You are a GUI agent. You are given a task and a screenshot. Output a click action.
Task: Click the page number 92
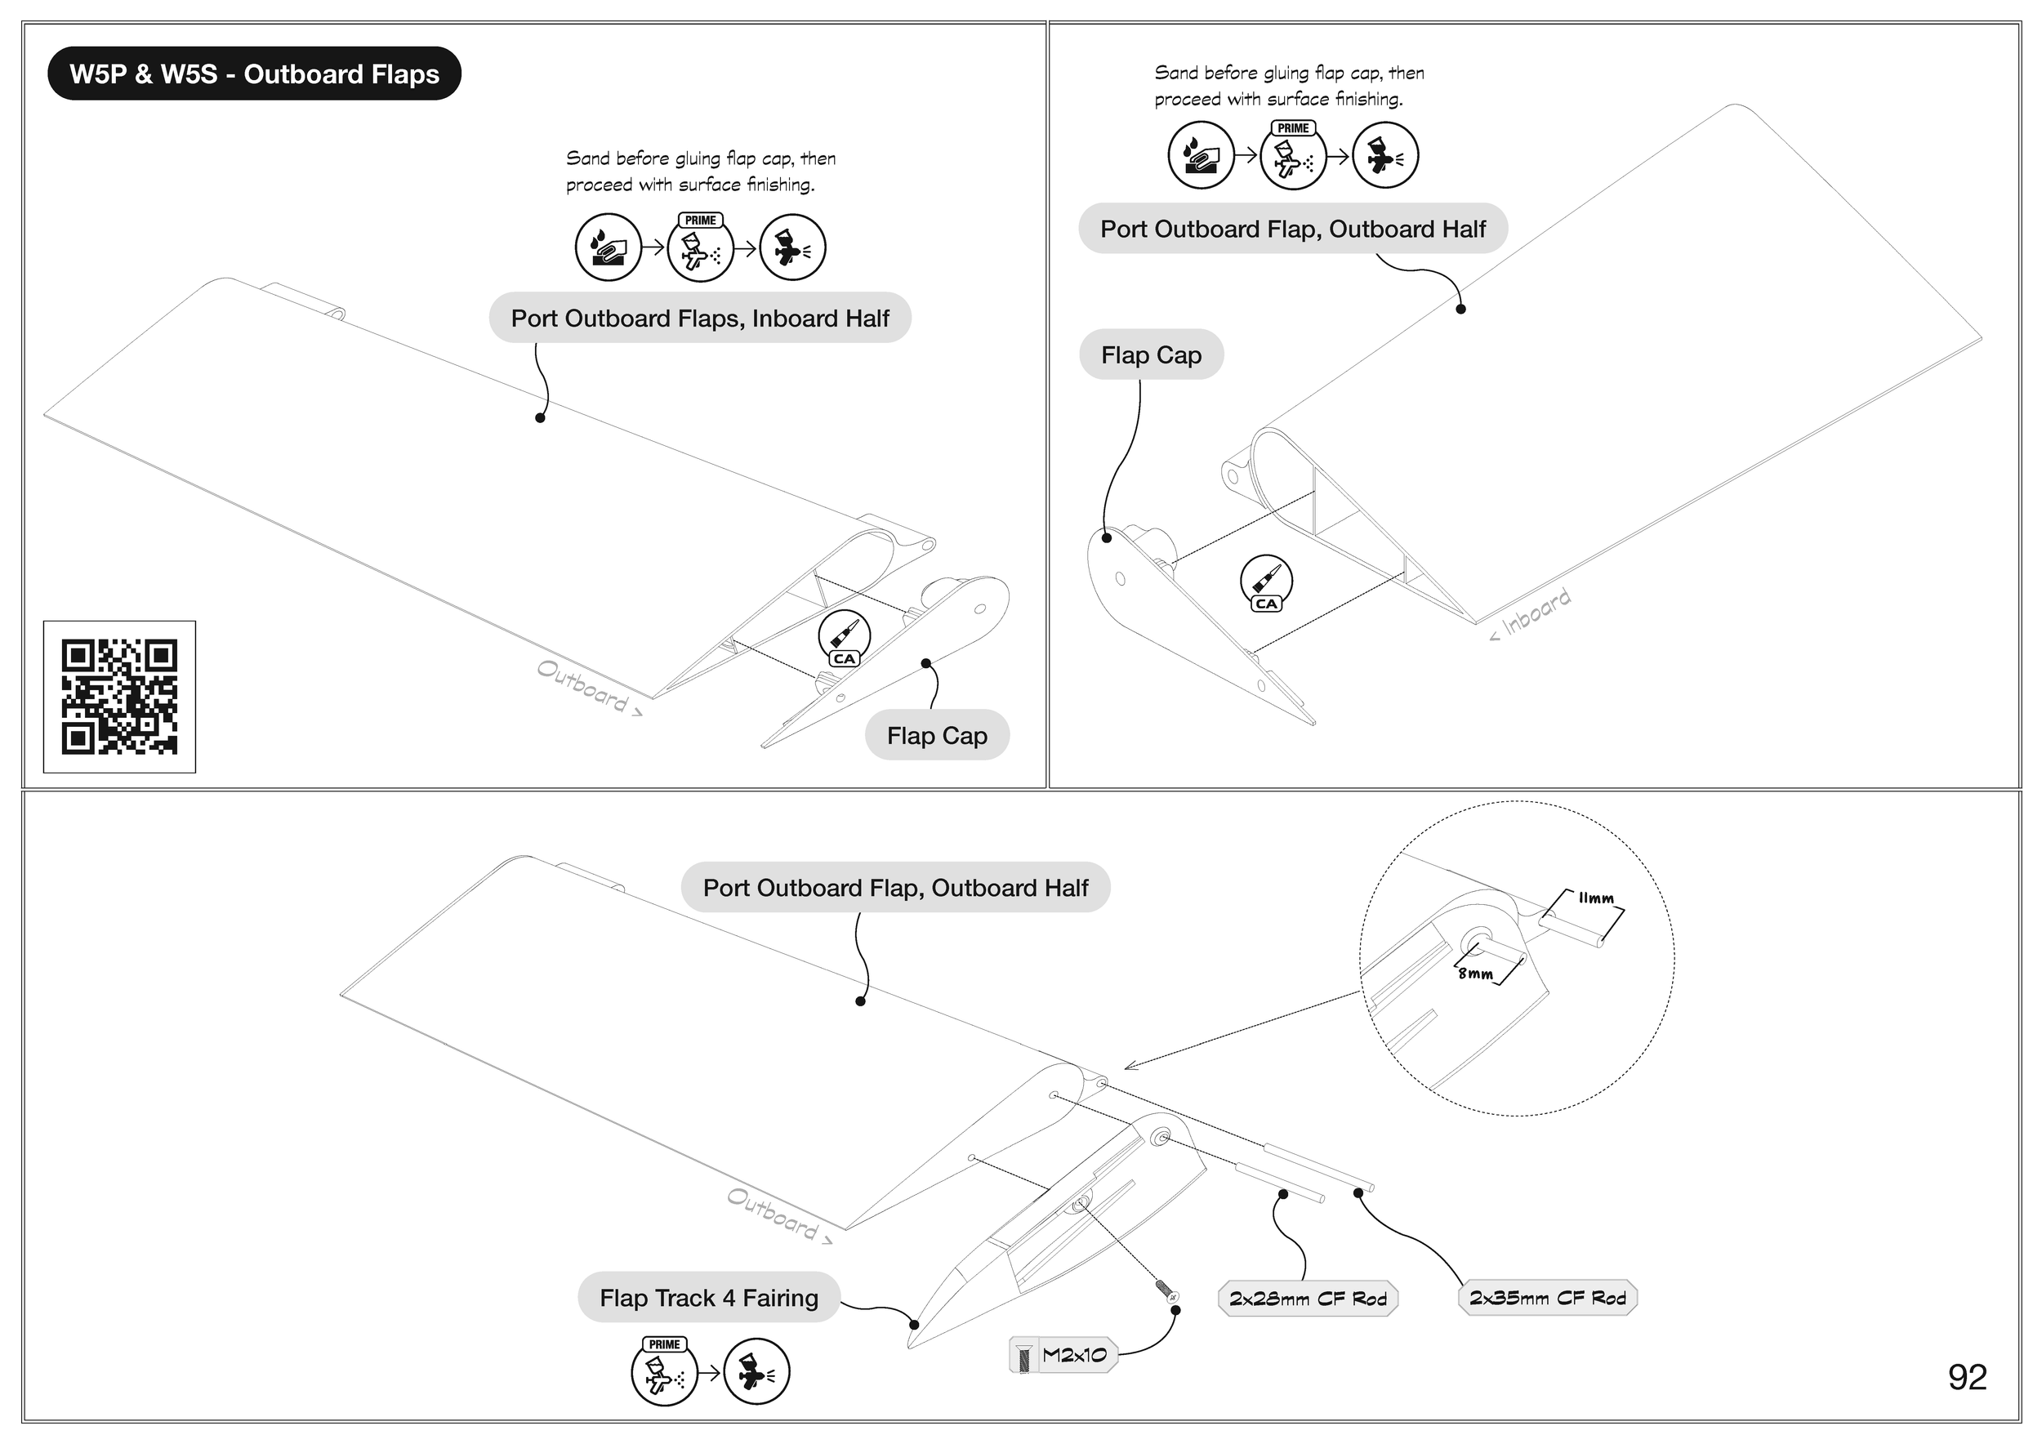(1968, 1377)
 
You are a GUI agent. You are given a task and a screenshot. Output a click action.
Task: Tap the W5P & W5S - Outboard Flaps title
(254, 74)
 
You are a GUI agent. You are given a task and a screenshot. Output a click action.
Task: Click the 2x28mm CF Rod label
(1308, 1299)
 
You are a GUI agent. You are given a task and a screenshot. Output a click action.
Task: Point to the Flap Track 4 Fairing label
(709, 1297)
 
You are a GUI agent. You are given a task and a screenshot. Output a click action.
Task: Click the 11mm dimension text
(1595, 898)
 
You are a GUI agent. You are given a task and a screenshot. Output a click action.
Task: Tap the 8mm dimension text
(1474, 974)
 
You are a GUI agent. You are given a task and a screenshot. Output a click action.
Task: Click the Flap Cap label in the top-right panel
(1151, 354)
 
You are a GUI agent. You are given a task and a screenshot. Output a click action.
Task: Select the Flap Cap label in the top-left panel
(937, 735)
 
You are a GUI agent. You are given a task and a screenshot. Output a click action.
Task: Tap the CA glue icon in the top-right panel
(1267, 583)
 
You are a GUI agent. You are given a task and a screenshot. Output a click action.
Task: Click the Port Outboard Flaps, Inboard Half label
(700, 319)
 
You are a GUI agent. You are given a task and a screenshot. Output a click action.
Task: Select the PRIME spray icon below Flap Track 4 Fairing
(664, 1371)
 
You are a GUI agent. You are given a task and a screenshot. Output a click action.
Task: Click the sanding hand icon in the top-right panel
(1201, 156)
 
